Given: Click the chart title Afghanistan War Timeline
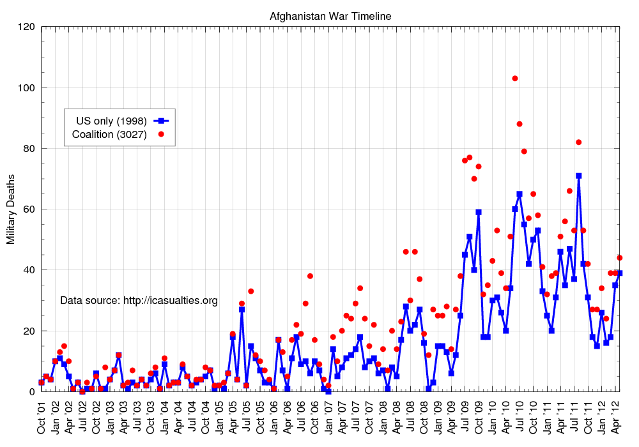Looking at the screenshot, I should click(330, 15).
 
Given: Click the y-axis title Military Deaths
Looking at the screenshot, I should click(11, 209).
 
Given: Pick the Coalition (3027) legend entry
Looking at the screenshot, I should click(110, 134).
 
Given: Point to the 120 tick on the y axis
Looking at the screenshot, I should click(26, 27).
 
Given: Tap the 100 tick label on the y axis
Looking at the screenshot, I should click(26, 87).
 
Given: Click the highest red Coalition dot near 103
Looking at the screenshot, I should click(515, 79).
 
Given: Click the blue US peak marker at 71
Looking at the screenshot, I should click(578, 176).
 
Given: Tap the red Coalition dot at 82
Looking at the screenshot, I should click(578, 142).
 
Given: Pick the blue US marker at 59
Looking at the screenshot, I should click(479, 212).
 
